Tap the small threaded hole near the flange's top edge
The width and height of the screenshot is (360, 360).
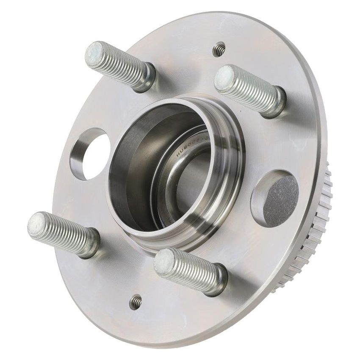click(219, 50)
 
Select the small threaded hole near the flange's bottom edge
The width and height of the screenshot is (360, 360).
click(136, 302)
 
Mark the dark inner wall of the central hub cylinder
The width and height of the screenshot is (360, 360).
click(127, 178)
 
